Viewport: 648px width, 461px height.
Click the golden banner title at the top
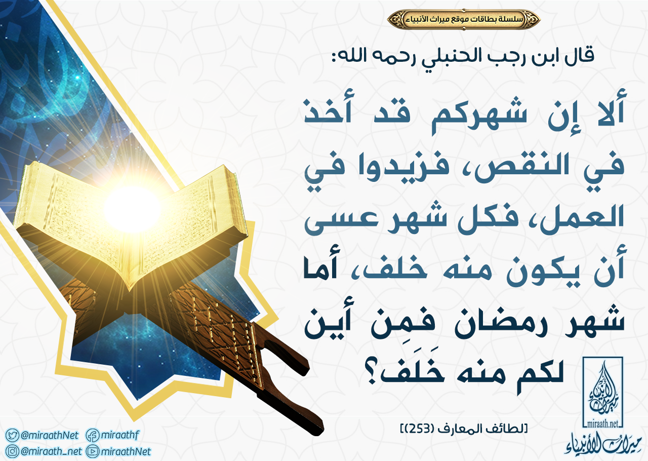coord(463,19)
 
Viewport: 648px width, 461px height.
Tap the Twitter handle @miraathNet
coord(50,435)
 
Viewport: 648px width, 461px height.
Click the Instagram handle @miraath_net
coord(51,451)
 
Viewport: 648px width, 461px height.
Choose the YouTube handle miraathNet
coord(126,451)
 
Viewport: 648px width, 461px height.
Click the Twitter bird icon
coord(12,435)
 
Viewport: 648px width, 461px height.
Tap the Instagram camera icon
coord(12,451)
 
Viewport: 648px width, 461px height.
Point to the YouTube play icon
coord(93,451)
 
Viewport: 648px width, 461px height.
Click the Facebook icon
coord(93,435)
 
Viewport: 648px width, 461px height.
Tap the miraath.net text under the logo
coord(602,425)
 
